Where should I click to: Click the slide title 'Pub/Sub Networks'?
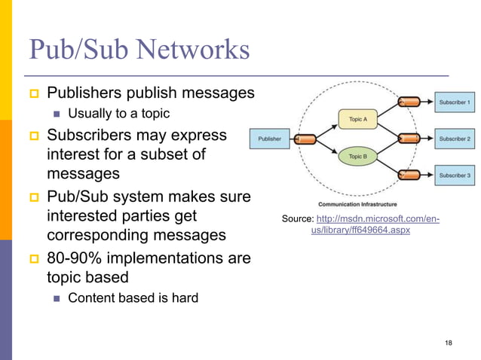coord(139,50)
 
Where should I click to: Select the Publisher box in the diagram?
coord(270,139)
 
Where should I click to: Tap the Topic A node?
coord(357,119)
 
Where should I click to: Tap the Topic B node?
coord(357,157)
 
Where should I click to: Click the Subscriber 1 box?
coord(455,102)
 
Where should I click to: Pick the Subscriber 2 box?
coord(455,139)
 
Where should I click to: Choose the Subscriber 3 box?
coord(455,175)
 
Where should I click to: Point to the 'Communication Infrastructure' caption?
coord(358,203)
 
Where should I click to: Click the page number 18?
coord(449,343)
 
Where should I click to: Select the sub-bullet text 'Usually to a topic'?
coord(118,114)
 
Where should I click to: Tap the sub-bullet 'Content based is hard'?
coord(133,297)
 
